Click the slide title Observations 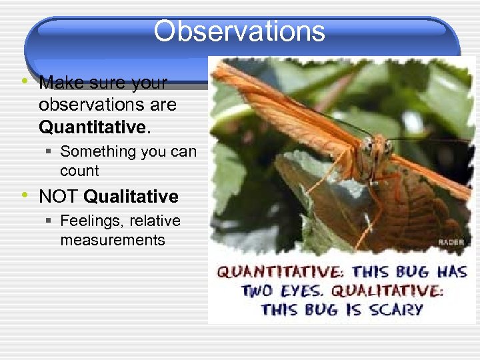click(239, 31)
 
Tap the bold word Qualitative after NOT click(131, 197)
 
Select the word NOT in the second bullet click(59, 197)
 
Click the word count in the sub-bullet click(79, 171)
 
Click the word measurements click(112, 240)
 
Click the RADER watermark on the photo click(451, 242)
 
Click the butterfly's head click(378, 148)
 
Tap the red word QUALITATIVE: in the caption click(387, 291)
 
